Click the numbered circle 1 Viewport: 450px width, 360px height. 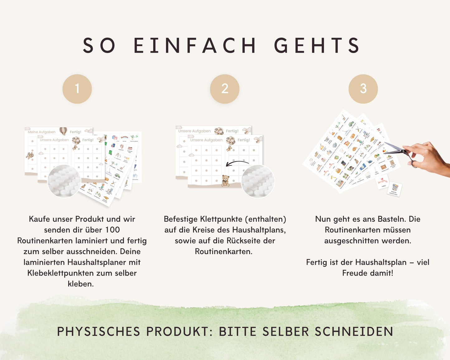(77, 89)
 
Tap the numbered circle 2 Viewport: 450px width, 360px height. (225, 89)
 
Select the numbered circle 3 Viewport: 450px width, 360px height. (363, 89)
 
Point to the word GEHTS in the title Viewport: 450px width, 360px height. (317, 45)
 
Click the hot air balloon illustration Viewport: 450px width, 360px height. (63, 131)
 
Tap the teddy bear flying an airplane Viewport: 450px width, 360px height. (30, 155)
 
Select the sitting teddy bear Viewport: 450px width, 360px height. (225, 180)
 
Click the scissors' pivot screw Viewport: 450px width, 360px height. (405, 152)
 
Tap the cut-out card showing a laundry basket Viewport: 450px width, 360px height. (395, 189)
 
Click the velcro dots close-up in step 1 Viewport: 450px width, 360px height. (64, 181)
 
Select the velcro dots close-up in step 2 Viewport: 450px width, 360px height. (258, 182)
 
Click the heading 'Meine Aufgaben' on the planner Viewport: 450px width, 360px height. (41, 132)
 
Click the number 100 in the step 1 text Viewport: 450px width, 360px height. (112, 230)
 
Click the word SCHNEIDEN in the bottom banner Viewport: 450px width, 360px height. (354, 332)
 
